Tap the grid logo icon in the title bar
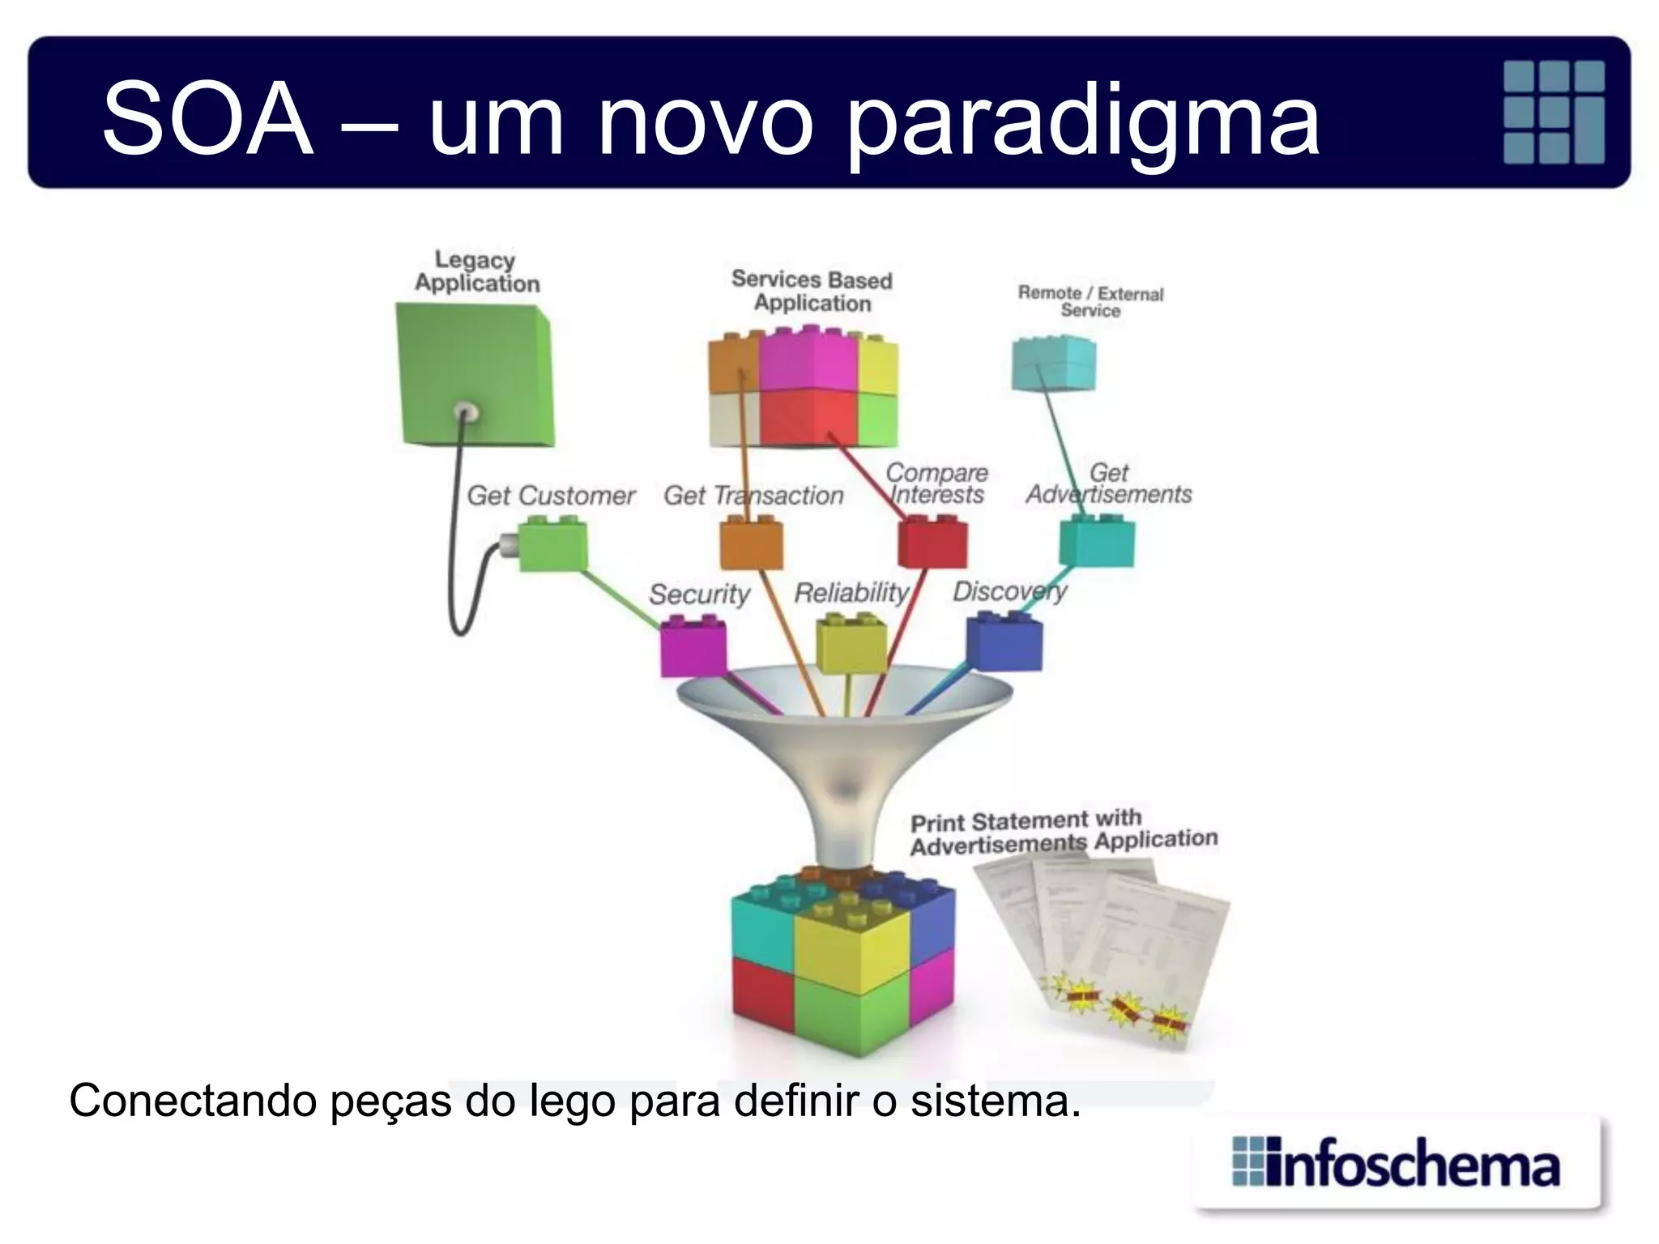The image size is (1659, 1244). (x=1553, y=112)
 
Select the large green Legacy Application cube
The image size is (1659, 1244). (x=474, y=375)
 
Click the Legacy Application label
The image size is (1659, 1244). (x=476, y=272)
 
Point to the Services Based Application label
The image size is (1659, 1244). (x=812, y=292)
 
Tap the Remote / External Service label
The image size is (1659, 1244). (x=1090, y=301)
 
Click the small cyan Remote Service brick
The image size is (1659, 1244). (x=1054, y=364)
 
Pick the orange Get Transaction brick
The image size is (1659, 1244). (x=752, y=545)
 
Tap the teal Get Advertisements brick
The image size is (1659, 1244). (x=1098, y=543)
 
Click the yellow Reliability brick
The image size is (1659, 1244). (x=851, y=644)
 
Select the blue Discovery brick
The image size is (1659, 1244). (x=1004, y=641)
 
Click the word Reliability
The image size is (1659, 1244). (x=851, y=593)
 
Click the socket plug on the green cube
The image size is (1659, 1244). (x=466, y=413)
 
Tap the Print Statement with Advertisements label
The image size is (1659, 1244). (x=1063, y=833)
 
